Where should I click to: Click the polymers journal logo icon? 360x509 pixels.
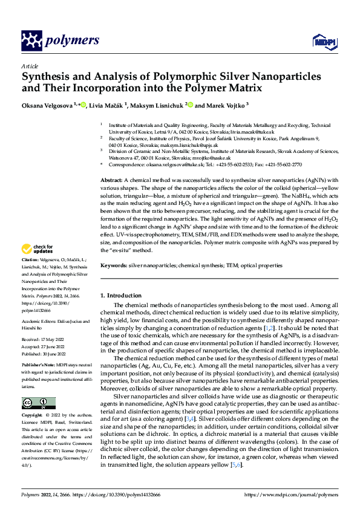[31, 41]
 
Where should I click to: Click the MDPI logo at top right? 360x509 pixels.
[321, 41]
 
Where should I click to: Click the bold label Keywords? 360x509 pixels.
[113, 265]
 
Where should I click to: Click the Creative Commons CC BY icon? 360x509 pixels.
[35, 403]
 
